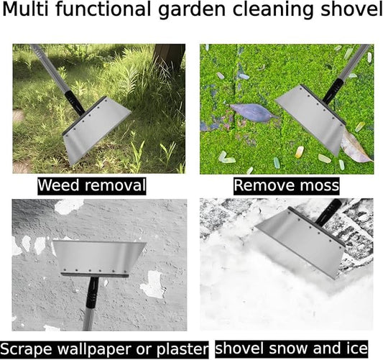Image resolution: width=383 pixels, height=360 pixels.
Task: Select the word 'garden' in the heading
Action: coord(192,11)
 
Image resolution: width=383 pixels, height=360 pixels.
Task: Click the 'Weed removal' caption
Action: coord(92,185)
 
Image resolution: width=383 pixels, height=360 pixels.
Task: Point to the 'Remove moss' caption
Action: coord(286,185)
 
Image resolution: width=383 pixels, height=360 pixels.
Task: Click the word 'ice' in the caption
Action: coord(356,349)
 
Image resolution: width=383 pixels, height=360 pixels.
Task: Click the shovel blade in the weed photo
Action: coord(96,131)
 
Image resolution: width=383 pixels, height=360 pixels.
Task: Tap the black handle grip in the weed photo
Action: coord(75,103)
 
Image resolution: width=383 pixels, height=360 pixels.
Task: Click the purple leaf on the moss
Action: coord(253,112)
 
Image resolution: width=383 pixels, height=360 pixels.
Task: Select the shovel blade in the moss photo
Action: coord(311,120)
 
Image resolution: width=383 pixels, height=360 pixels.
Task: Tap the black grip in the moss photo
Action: coord(333,91)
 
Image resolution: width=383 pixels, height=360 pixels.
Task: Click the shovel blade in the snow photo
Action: coord(299,241)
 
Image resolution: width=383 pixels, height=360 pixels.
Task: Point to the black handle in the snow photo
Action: coord(328,212)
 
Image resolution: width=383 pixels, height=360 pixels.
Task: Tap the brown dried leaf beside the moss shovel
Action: coord(356,147)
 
